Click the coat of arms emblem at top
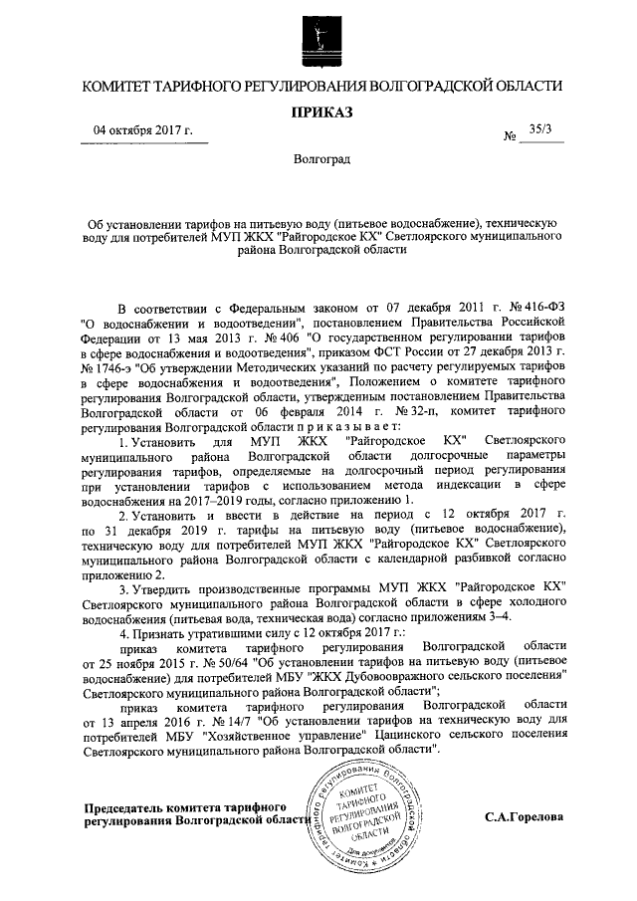click(x=318, y=38)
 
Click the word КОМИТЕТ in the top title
click(x=116, y=88)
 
